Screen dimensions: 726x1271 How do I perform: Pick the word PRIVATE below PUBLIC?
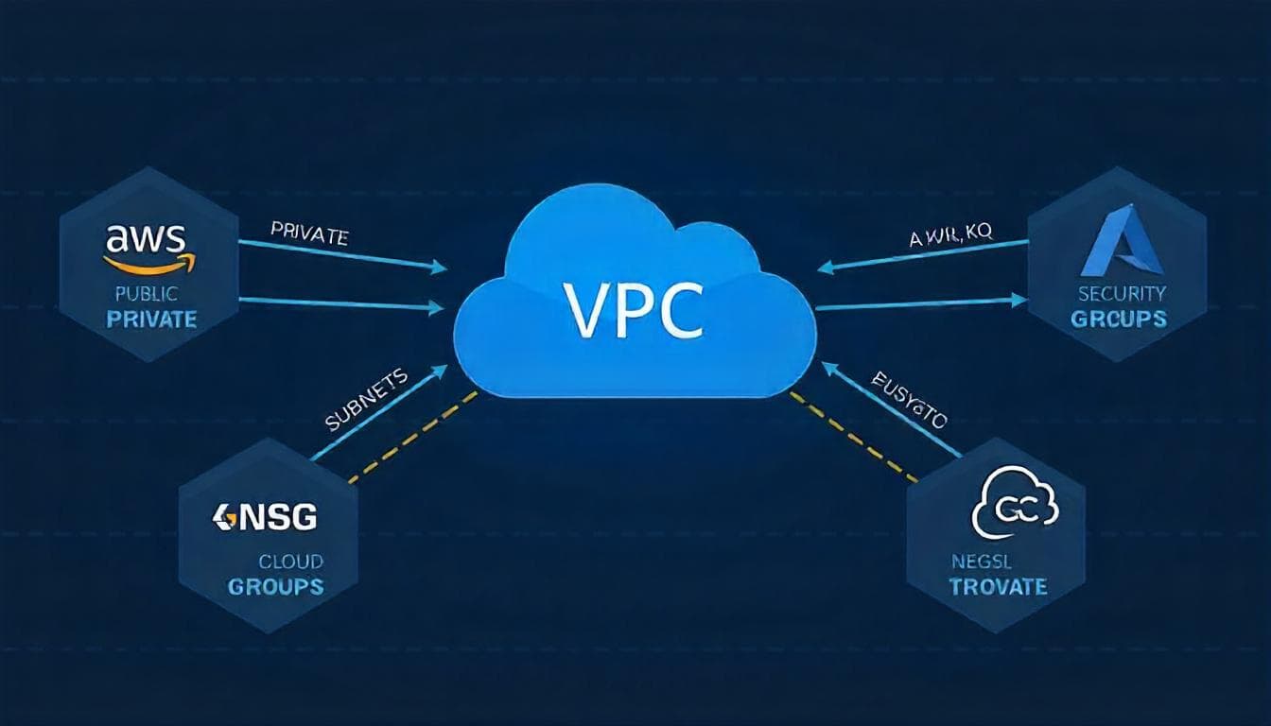point(151,319)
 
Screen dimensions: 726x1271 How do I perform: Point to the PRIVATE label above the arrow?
point(309,233)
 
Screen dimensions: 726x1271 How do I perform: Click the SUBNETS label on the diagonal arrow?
point(367,400)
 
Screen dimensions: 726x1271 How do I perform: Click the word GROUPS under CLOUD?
point(275,586)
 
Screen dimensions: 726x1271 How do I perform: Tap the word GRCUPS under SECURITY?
point(1119,319)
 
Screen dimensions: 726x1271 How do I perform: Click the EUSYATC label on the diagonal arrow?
point(908,403)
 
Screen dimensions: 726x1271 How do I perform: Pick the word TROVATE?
point(998,586)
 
